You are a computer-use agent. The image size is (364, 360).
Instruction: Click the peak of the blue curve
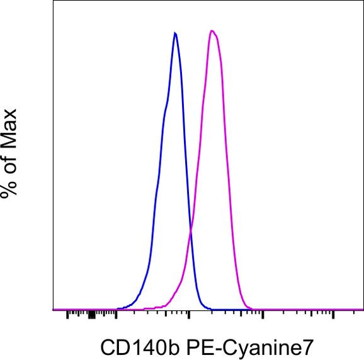[x=175, y=33]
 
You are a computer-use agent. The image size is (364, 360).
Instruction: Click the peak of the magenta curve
[x=213, y=31]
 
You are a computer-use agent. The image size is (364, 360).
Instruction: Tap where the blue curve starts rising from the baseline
[x=123, y=308]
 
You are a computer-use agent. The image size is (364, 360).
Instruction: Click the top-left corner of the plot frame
[x=54, y=1]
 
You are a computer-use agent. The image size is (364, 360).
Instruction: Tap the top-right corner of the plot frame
[x=363, y=1]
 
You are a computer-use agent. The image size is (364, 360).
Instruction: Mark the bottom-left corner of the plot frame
[x=54, y=310]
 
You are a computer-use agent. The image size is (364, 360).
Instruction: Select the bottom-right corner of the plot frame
[x=363, y=310]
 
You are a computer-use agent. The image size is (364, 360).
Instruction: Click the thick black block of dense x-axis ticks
[x=91, y=314]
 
